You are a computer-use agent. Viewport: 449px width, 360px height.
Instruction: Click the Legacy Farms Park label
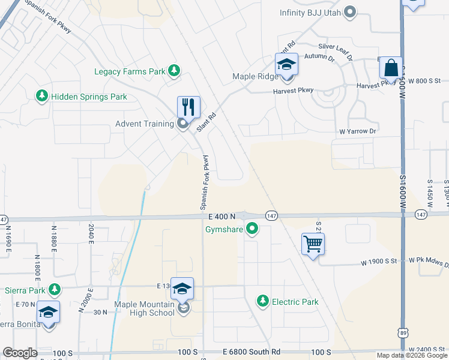pos(130,71)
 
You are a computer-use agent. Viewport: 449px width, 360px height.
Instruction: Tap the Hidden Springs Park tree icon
pos(41,96)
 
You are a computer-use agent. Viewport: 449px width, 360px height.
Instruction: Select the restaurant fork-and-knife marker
pos(188,107)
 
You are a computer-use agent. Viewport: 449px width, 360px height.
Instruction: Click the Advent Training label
pos(145,124)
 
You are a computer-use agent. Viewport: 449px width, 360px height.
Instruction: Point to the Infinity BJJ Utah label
pos(312,12)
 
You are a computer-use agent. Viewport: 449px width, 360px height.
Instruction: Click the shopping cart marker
pos(313,244)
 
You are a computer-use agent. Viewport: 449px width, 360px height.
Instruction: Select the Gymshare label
pos(223,228)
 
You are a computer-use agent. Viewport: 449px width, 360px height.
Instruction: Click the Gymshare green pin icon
pos(252,228)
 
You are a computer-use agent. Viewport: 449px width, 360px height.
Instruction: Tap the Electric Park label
pos(295,302)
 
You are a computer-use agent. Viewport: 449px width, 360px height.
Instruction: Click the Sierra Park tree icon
pos(55,290)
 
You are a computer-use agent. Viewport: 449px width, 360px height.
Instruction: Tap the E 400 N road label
pos(221,216)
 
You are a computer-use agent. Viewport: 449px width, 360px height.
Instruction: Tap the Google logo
pos(20,353)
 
